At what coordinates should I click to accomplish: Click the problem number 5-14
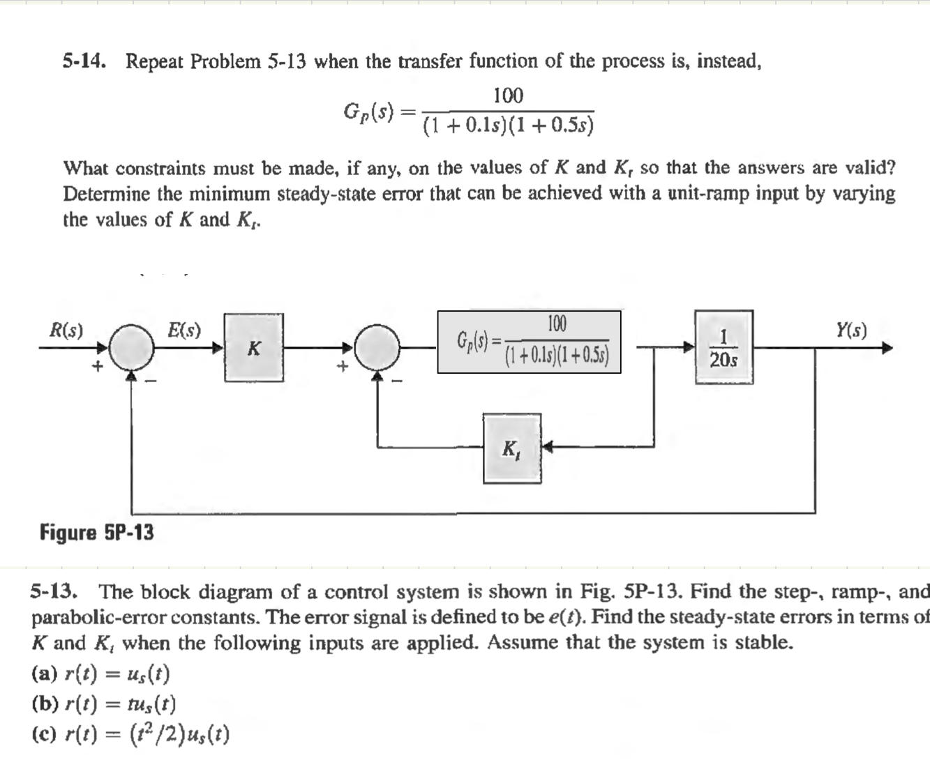pyautogui.click(x=84, y=62)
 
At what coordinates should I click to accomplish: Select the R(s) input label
pyautogui.click(x=66, y=330)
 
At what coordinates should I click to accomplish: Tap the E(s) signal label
pyautogui.click(x=184, y=330)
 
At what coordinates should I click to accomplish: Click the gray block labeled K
pyautogui.click(x=254, y=347)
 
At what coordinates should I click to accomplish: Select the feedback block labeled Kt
pyautogui.click(x=511, y=448)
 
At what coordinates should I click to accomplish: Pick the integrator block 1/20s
pyautogui.click(x=723, y=347)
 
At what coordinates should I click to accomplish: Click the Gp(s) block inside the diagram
pyautogui.click(x=529, y=342)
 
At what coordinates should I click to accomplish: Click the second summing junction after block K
pyautogui.click(x=377, y=347)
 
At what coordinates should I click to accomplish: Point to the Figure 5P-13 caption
pyautogui.click(x=96, y=533)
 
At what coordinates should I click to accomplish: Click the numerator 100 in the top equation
pyautogui.click(x=508, y=96)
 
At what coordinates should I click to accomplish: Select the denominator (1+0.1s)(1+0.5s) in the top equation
pyautogui.click(x=509, y=126)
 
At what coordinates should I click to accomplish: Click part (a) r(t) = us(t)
pyautogui.click(x=101, y=674)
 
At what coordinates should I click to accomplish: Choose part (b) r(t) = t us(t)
pyautogui.click(x=104, y=704)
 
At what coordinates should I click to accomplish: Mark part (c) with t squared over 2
pyautogui.click(x=130, y=734)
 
